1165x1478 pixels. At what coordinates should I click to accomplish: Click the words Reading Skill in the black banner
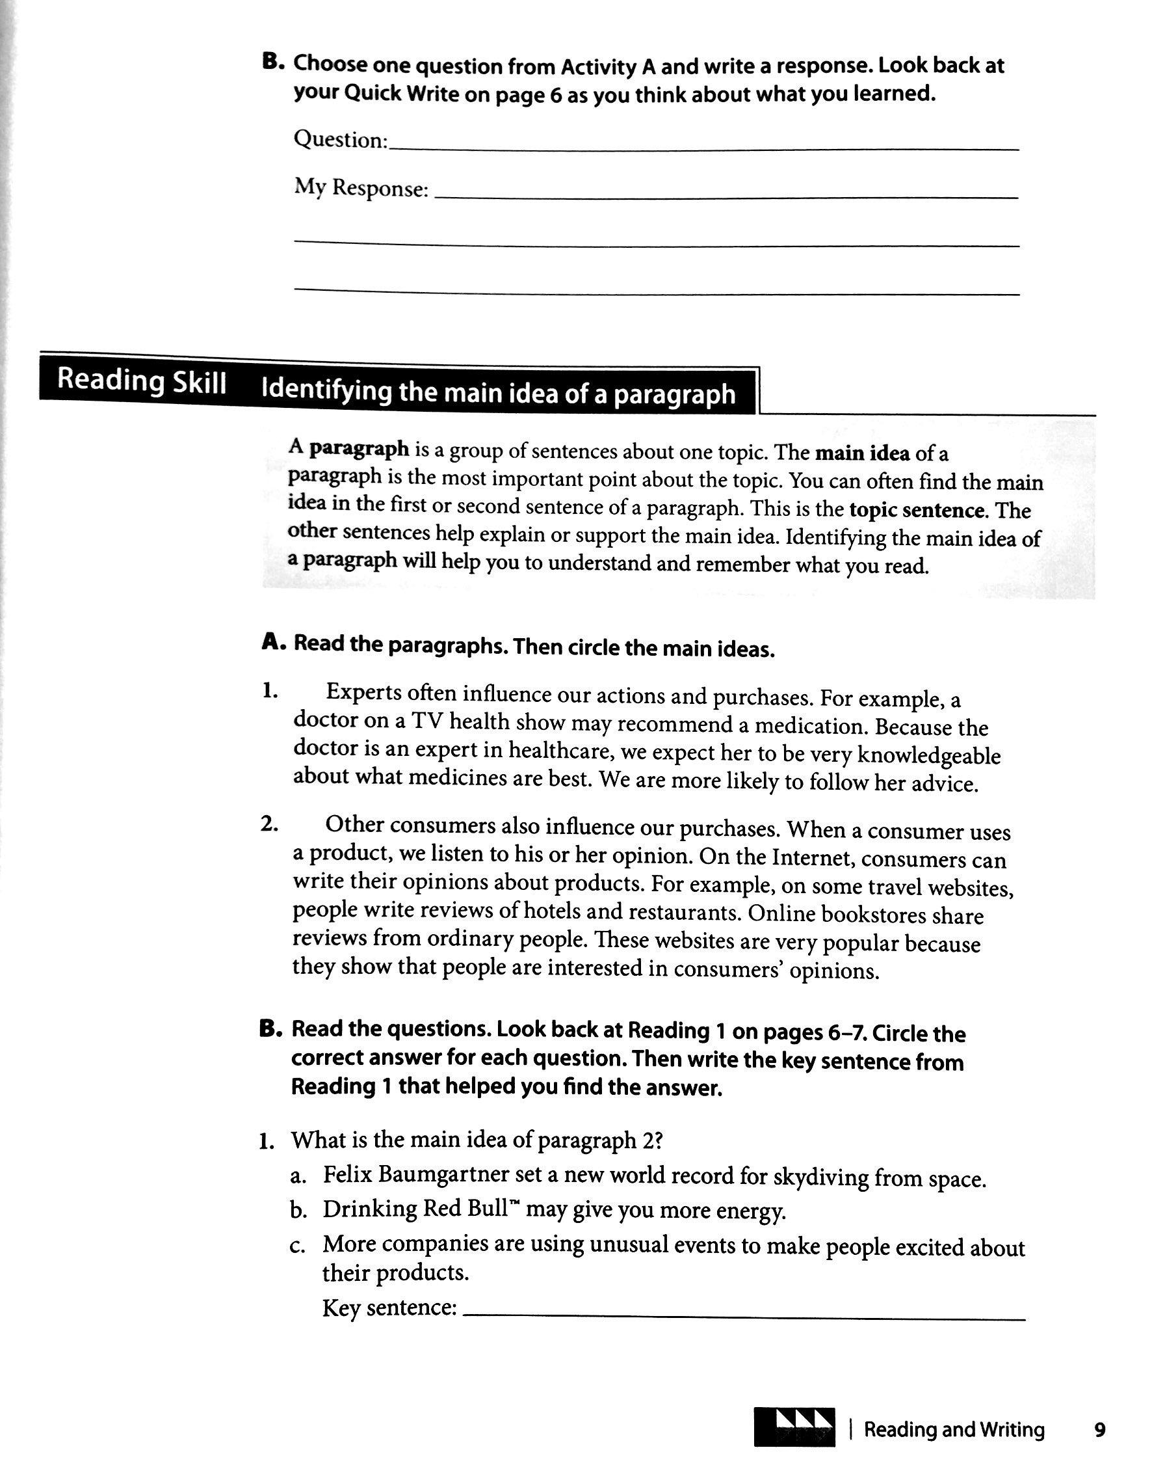pos(141,381)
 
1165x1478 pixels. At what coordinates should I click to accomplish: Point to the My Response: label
pos(361,187)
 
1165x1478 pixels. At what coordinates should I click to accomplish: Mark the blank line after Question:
pos(703,148)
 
